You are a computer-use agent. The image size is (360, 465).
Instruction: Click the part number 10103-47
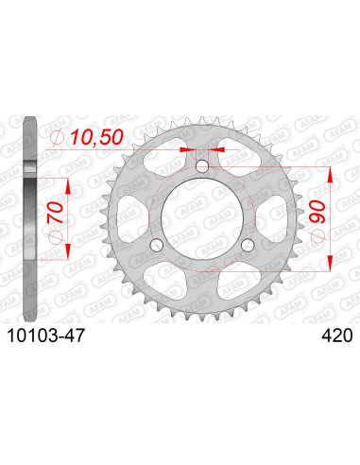tap(48, 335)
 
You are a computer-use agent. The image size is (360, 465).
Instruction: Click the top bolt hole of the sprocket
tap(202, 167)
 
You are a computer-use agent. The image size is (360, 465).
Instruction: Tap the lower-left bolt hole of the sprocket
tap(158, 245)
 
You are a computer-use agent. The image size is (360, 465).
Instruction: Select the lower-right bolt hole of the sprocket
tap(248, 245)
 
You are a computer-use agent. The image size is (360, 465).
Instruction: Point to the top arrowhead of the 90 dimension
tap(330, 173)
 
